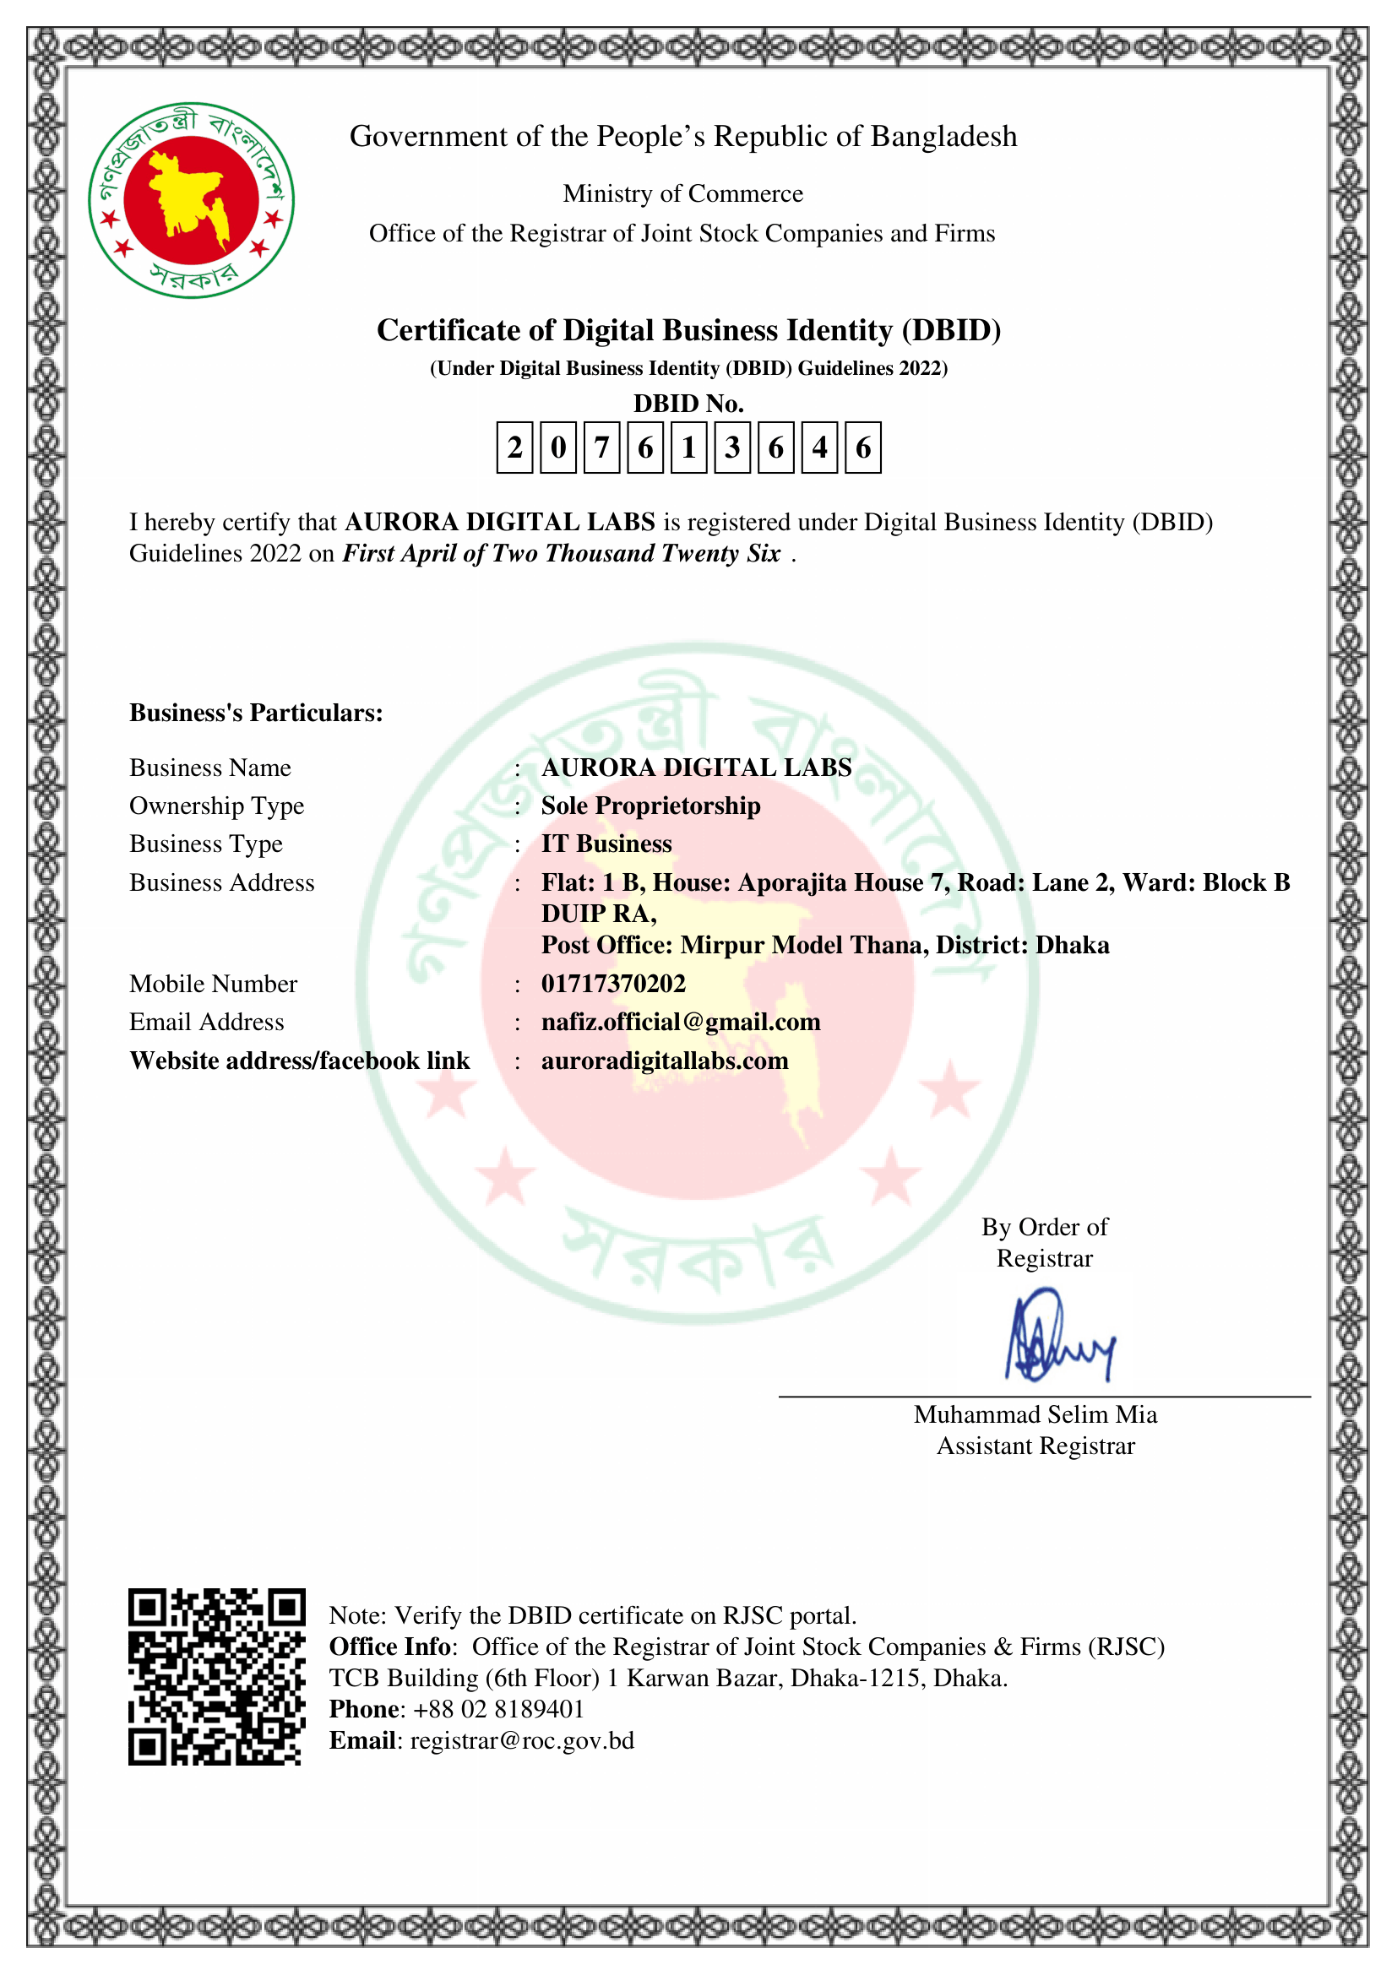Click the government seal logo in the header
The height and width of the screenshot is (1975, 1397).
[x=191, y=199]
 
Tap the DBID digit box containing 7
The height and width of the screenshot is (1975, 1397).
[x=601, y=448]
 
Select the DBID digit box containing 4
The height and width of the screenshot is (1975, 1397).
[x=819, y=448]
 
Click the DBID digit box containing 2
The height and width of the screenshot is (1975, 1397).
[x=514, y=448]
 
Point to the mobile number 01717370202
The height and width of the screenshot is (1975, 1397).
[x=613, y=983]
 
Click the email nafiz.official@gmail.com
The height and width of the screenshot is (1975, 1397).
[x=681, y=1022]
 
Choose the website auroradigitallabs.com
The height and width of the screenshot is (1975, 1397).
[x=664, y=1061]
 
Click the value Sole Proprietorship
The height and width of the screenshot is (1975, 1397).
[x=650, y=806]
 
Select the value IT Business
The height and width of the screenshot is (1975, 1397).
[x=606, y=844]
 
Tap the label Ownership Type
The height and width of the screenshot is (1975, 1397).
[x=217, y=806]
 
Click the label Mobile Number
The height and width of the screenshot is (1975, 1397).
[x=214, y=983]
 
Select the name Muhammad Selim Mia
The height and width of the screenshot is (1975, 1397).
[x=1035, y=1415]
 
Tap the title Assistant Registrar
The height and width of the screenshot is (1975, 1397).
[x=1035, y=1446]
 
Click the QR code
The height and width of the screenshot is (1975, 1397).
[x=217, y=1677]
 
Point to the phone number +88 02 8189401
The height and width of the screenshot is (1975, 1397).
[x=499, y=1709]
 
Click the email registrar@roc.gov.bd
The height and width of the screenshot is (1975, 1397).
[x=521, y=1741]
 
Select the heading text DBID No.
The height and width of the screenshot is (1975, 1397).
[x=688, y=404]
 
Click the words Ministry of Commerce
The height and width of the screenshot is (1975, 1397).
[x=683, y=193]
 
